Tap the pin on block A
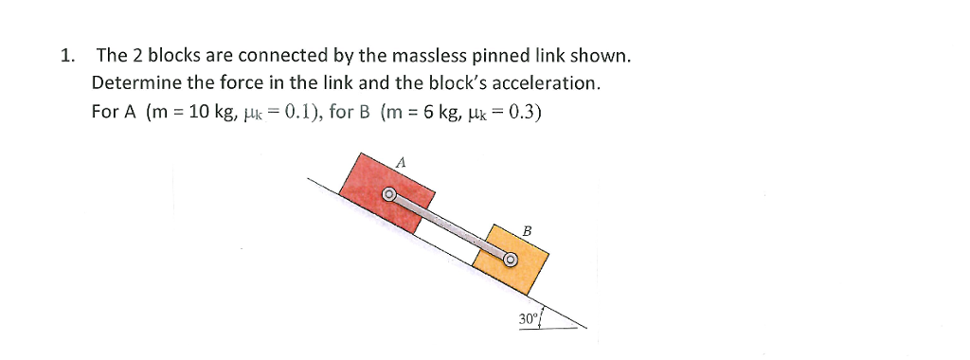388,195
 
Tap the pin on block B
510,258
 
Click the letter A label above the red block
400,163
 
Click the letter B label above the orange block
528,230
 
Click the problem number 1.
65,56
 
